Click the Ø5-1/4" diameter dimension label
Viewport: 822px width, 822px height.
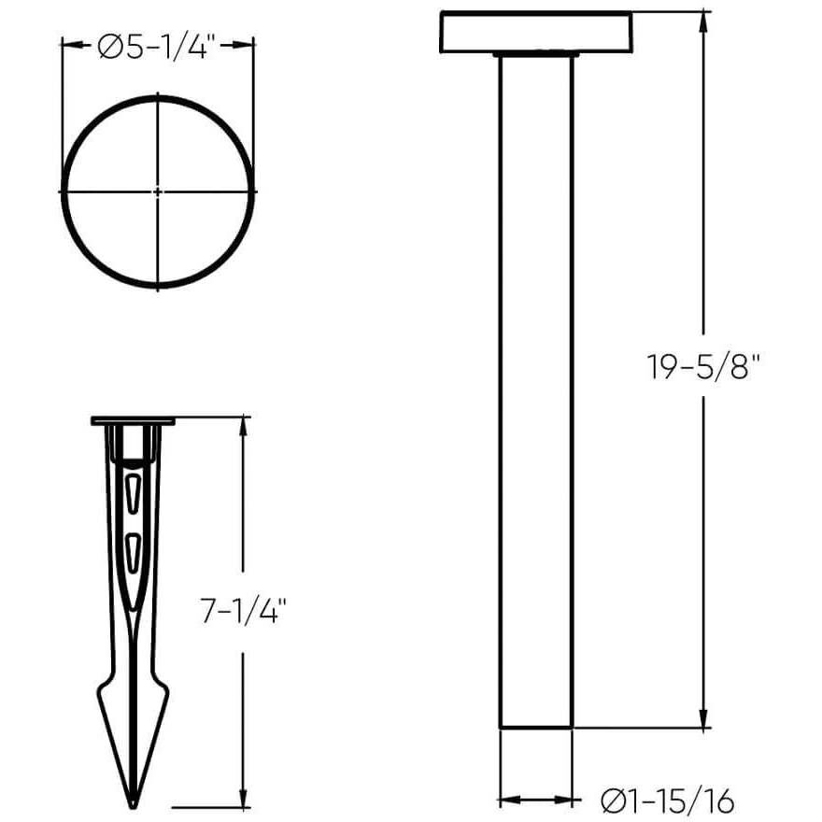[156, 47]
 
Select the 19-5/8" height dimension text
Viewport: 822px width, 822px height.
[703, 366]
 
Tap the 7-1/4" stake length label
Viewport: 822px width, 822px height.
[243, 611]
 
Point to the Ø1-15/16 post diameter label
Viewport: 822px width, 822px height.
[667, 801]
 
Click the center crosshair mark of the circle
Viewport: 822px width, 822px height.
[158, 191]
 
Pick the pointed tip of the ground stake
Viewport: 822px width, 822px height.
[134, 806]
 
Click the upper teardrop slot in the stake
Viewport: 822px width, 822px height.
[134, 494]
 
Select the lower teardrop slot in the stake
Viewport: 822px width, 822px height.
[134, 553]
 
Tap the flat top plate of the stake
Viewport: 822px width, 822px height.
[134, 420]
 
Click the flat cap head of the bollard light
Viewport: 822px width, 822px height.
[536, 32]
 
